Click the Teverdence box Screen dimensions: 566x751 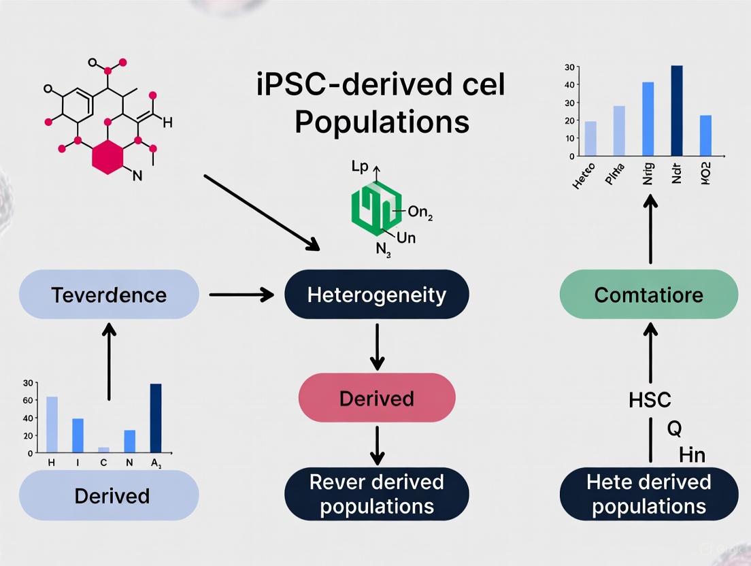tap(109, 295)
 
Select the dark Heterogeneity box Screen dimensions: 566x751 tap(377, 295)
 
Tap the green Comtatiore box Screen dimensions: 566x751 tap(648, 295)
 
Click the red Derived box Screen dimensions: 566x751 tap(377, 397)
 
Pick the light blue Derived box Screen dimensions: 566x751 tap(109, 495)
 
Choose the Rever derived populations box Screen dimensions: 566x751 tap(377, 495)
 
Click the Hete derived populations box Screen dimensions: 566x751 tap(648, 495)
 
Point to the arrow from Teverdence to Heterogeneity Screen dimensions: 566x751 tap(241, 295)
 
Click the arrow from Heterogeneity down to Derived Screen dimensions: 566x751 tap(377, 345)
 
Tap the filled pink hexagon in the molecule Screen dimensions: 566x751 tap(109, 158)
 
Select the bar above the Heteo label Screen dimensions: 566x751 tap(590, 139)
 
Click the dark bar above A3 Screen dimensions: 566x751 tap(156, 418)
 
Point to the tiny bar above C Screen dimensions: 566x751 tap(103, 449)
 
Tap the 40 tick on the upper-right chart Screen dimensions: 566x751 tap(569, 85)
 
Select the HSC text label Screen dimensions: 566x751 tap(650, 400)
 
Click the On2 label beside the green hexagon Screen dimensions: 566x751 tap(420, 213)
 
